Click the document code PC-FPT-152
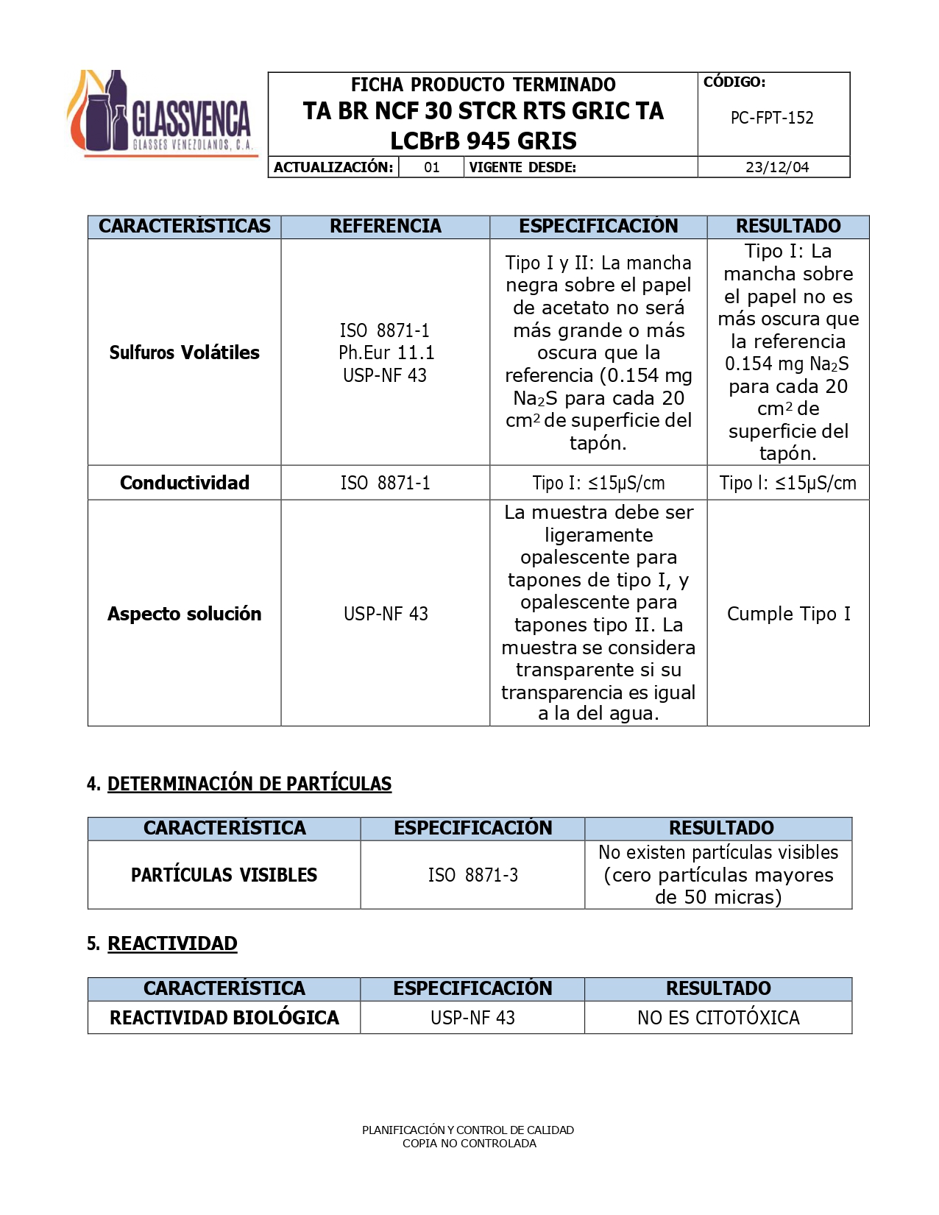click(772, 118)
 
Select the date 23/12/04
click(776, 167)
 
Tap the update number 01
click(432, 167)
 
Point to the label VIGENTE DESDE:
click(522, 167)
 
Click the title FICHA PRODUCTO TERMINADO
click(483, 85)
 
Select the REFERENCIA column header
click(385, 226)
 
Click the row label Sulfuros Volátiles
click(184, 353)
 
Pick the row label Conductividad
click(184, 483)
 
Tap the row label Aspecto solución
click(184, 614)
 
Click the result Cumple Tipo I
click(788, 614)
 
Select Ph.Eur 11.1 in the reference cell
click(386, 353)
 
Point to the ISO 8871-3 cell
click(472, 875)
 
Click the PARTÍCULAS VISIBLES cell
click(224, 875)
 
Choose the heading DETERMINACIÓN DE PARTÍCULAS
click(249, 784)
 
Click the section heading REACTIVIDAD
click(172, 943)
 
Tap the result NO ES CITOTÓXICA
click(718, 1018)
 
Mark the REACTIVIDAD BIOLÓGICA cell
click(224, 1018)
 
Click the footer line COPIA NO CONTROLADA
click(469, 1144)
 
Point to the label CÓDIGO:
click(734, 82)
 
